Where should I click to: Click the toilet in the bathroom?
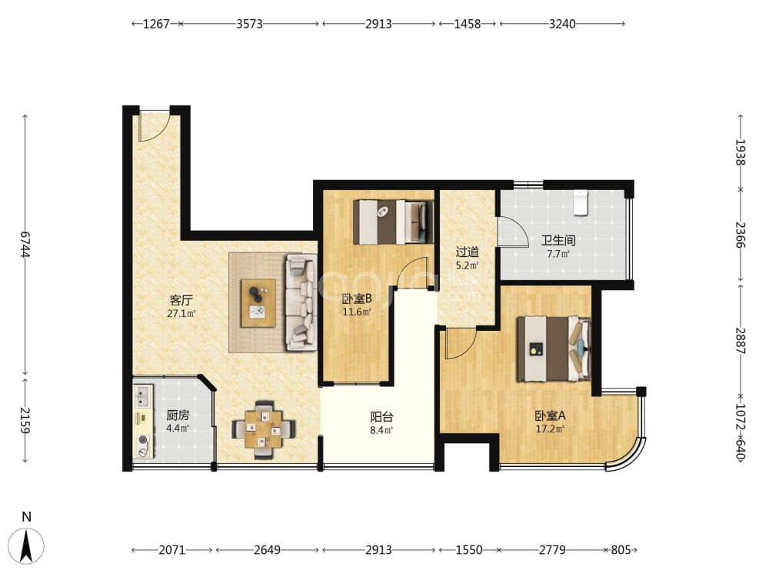coord(581,202)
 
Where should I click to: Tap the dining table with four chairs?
coord(264,430)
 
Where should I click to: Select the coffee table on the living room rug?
coord(258,303)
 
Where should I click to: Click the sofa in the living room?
coord(301,302)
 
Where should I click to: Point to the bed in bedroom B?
coord(393,222)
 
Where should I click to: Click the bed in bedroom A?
coord(553,349)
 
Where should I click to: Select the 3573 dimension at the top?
coord(249,24)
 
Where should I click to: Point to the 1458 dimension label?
coord(467,24)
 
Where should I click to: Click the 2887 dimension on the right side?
coord(741,341)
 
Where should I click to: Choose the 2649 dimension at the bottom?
coord(267,550)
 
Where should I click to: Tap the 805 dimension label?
coord(621,550)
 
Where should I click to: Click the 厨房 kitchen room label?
coord(178,415)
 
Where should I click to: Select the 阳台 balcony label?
coord(381,417)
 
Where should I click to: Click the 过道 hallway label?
coord(467,252)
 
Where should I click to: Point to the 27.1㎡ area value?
coord(181,314)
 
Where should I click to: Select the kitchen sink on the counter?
coord(143,396)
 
